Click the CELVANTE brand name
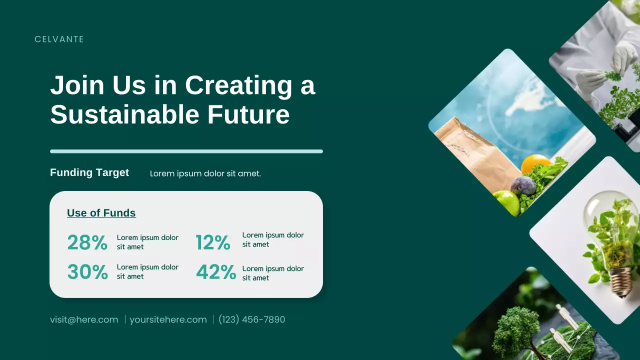point(59,39)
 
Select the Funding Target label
point(89,172)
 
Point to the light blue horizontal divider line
point(186,151)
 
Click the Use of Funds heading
point(101,213)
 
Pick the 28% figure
point(87,242)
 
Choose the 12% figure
point(213,242)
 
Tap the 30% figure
point(87,272)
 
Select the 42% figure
point(216,272)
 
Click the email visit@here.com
point(84,319)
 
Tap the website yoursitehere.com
point(168,319)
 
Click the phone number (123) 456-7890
point(252,319)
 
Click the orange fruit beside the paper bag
point(535,163)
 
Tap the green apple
point(506,201)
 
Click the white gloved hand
point(623,56)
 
